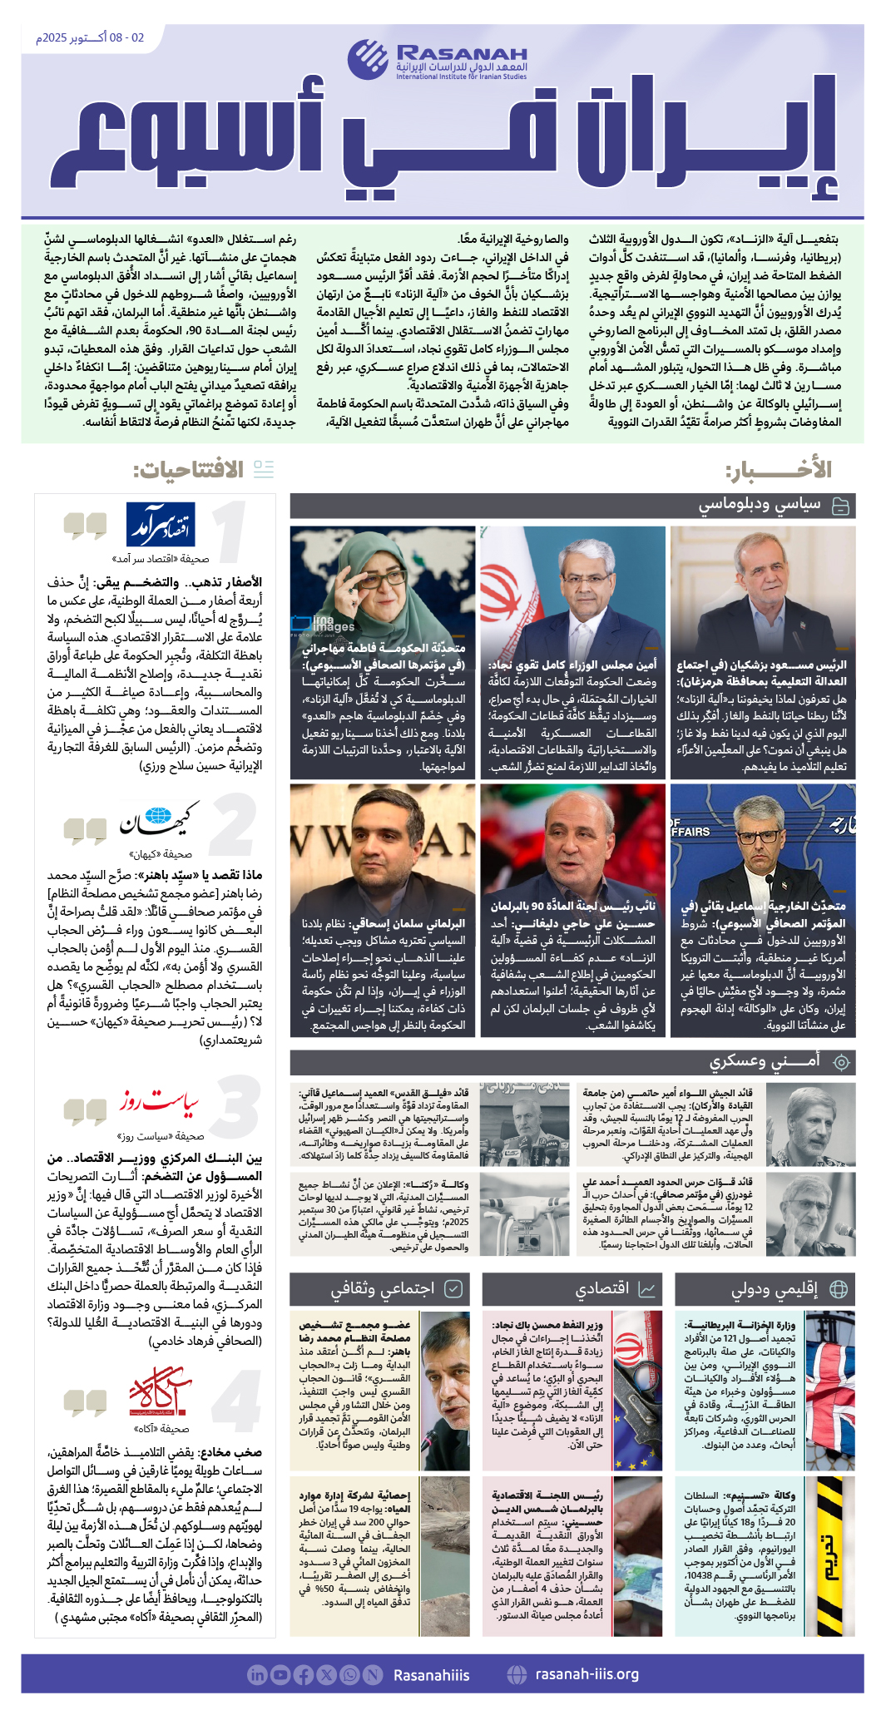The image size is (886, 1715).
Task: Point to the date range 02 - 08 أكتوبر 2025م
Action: [x=89, y=38]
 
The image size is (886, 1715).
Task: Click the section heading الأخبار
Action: [x=779, y=471]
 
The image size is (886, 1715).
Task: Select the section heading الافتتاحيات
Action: [x=188, y=471]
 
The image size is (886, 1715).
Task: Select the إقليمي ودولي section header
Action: [x=775, y=1288]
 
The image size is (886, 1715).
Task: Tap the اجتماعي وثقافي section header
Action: [x=382, y=1288]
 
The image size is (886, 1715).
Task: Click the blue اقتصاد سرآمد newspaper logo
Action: [x=160, y=524]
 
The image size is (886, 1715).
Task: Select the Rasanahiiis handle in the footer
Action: [x=431, y=1674]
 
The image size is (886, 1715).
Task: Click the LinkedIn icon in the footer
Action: [x=257, y=1674]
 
